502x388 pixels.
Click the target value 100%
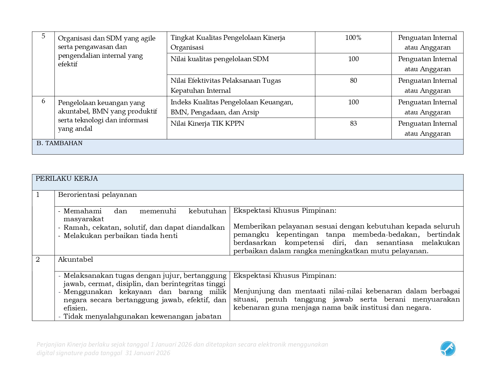[x=353, y=38]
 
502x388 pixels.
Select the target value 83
[x=353, y=124]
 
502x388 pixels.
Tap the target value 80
[x=353, y=81]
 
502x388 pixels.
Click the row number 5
[x=43, y=36]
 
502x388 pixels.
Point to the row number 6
[x=43, y=101]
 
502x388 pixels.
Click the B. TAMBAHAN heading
[x=59, y=143]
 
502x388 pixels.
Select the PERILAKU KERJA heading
[x=67, y=179]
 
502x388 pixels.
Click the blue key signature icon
[x=448, y=349]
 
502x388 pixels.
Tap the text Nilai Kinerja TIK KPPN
[x=207, y=124]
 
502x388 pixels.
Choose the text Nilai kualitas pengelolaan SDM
[x=219, y=59]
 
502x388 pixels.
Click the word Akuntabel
[x=75, y=260]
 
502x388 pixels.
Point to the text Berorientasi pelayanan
[x=97, y=195]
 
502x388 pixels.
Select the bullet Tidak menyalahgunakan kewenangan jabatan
[x=142, y=316]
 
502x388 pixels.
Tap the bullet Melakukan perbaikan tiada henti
[x=120, y=236]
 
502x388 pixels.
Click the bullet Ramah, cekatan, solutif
[x=144, y=228]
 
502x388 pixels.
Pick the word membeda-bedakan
[x=386, y=235]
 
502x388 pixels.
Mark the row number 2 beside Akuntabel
[x=38, y=260]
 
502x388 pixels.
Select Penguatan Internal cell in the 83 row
[x=427, y=128]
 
